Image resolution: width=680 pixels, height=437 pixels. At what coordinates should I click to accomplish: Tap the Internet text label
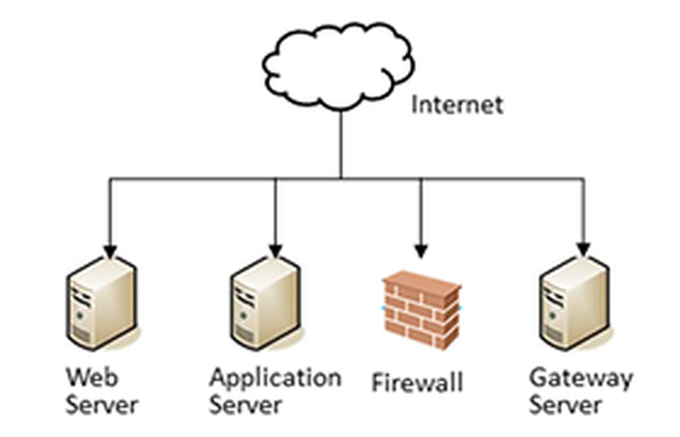point(457,105)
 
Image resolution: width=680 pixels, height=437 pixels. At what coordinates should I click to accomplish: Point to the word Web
point(91,377)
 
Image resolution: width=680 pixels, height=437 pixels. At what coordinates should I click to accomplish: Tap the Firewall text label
point(417,383)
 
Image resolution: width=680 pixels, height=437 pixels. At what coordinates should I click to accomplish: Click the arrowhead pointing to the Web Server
point(110,251)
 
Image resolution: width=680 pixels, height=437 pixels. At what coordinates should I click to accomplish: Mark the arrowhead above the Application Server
point(275,251)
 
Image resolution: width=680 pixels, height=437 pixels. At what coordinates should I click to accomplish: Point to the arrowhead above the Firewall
point(421,251)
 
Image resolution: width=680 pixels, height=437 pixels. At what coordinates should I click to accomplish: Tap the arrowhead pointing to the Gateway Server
point(583,249)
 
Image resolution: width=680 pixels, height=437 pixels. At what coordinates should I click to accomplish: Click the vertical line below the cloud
point(341,144)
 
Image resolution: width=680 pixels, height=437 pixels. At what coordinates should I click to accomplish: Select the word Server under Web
point(101,405)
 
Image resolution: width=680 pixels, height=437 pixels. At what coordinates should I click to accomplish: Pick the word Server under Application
point(245,405)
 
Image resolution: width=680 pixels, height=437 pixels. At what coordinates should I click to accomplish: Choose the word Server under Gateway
point(565,405)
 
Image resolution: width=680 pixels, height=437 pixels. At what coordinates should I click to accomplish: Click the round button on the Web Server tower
point(79,315)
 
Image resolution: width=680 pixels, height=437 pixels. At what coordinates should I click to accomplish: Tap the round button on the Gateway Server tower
point(552,315)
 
